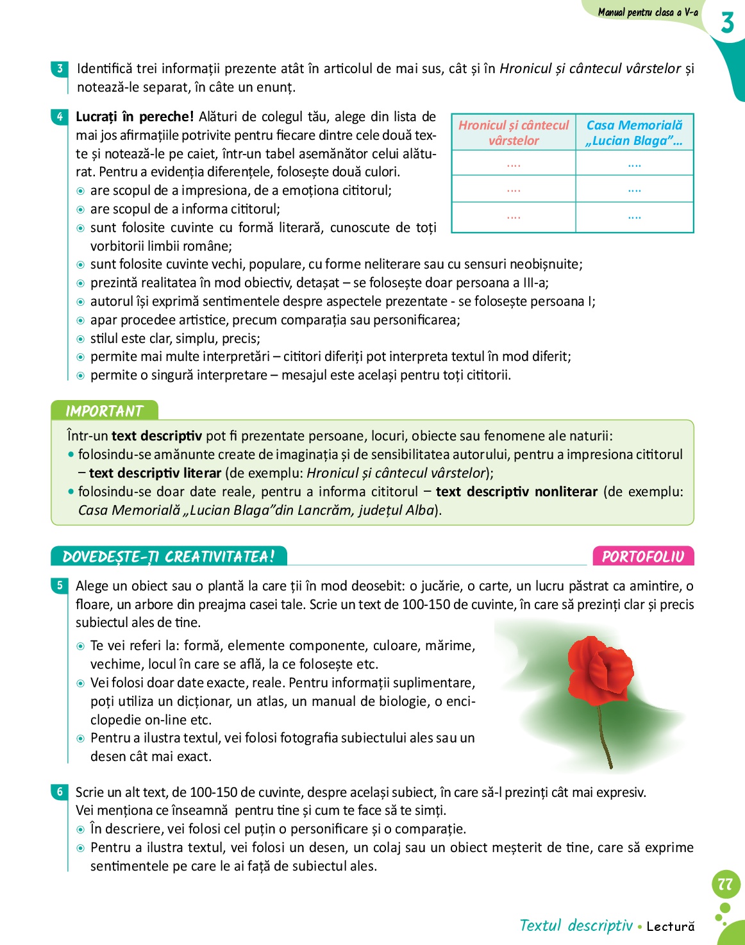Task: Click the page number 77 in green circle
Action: pyautogui.click(x=726, y=885)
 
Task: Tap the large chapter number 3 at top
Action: pyautogui.click(x=727, y=23)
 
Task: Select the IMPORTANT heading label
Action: pyautogui.click(x=104, y=411)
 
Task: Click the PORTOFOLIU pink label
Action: pyautogui.click(x=643, y=556)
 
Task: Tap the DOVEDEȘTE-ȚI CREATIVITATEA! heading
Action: pyautogui.click(x=169, y=556)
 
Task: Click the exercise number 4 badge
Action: pyautogui.click(x=60, y=117)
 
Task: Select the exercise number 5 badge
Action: pyautogui.click(x=60, y=585)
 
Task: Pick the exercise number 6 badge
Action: pyautogui.click(x=60, y=792)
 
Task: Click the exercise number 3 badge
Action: pyautogui.click(x=60, y=69)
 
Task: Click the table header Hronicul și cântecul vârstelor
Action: pyautogui.click(x=514, y=133)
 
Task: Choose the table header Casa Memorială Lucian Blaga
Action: pyautogui.click(x=634, y=133)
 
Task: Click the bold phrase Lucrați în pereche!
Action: pyautogui.click(x=135, y=117)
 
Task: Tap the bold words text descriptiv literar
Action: pyautogui.click(x=155, y=473)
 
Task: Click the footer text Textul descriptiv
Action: pyautogui.click(x=576, y=925)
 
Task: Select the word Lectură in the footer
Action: pyautogui.click(x=671, y=926)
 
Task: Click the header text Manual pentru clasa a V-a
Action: pyautogui.click(x=648, y=12)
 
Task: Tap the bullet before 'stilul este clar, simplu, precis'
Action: pyautogui.click(x=81, y=339)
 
